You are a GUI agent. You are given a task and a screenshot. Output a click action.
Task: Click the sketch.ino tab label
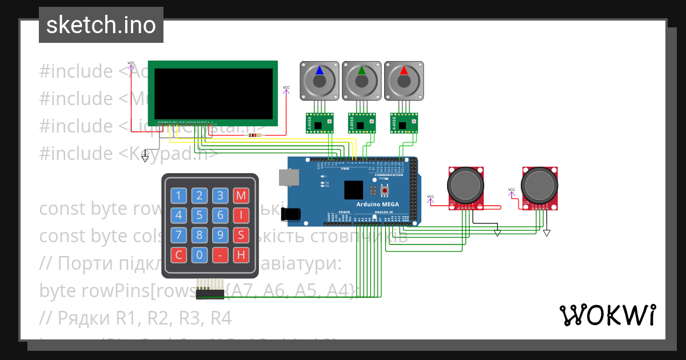101,25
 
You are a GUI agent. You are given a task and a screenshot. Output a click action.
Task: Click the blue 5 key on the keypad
200,215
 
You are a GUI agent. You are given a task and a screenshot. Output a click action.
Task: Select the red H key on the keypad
241,255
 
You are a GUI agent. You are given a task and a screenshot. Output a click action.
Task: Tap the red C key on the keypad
179,255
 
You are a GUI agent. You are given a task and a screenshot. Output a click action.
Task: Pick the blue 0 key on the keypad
200,255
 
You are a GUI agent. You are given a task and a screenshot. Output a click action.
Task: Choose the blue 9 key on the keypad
220,235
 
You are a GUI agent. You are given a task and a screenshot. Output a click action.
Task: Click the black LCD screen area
213,91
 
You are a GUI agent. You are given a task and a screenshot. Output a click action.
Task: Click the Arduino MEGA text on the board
378,205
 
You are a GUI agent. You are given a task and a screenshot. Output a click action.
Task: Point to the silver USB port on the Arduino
288,177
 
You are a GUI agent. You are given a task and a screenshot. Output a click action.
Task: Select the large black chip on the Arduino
354,190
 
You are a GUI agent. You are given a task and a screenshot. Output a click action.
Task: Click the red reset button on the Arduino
385,189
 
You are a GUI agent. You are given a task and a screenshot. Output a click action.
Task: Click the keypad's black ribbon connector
210,294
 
